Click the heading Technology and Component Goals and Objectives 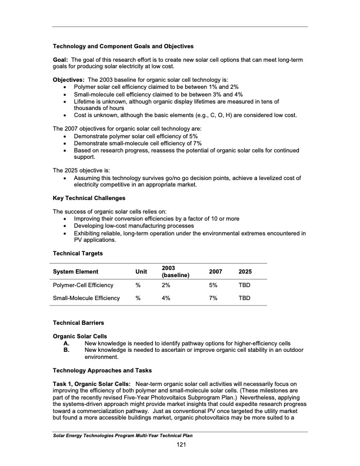coord(123,46)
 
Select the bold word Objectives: coord(69,79)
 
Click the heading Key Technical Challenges coord(89,198)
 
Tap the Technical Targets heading coord(78,253)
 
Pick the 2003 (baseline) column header coord(175,271)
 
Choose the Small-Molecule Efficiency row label coord(86,298)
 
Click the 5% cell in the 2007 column coord(213,285)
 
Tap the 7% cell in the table coord(213,298)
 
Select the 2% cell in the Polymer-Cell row coord(166,285)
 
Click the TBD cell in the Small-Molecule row coord(244,298)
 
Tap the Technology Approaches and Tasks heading coord(102,370)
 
